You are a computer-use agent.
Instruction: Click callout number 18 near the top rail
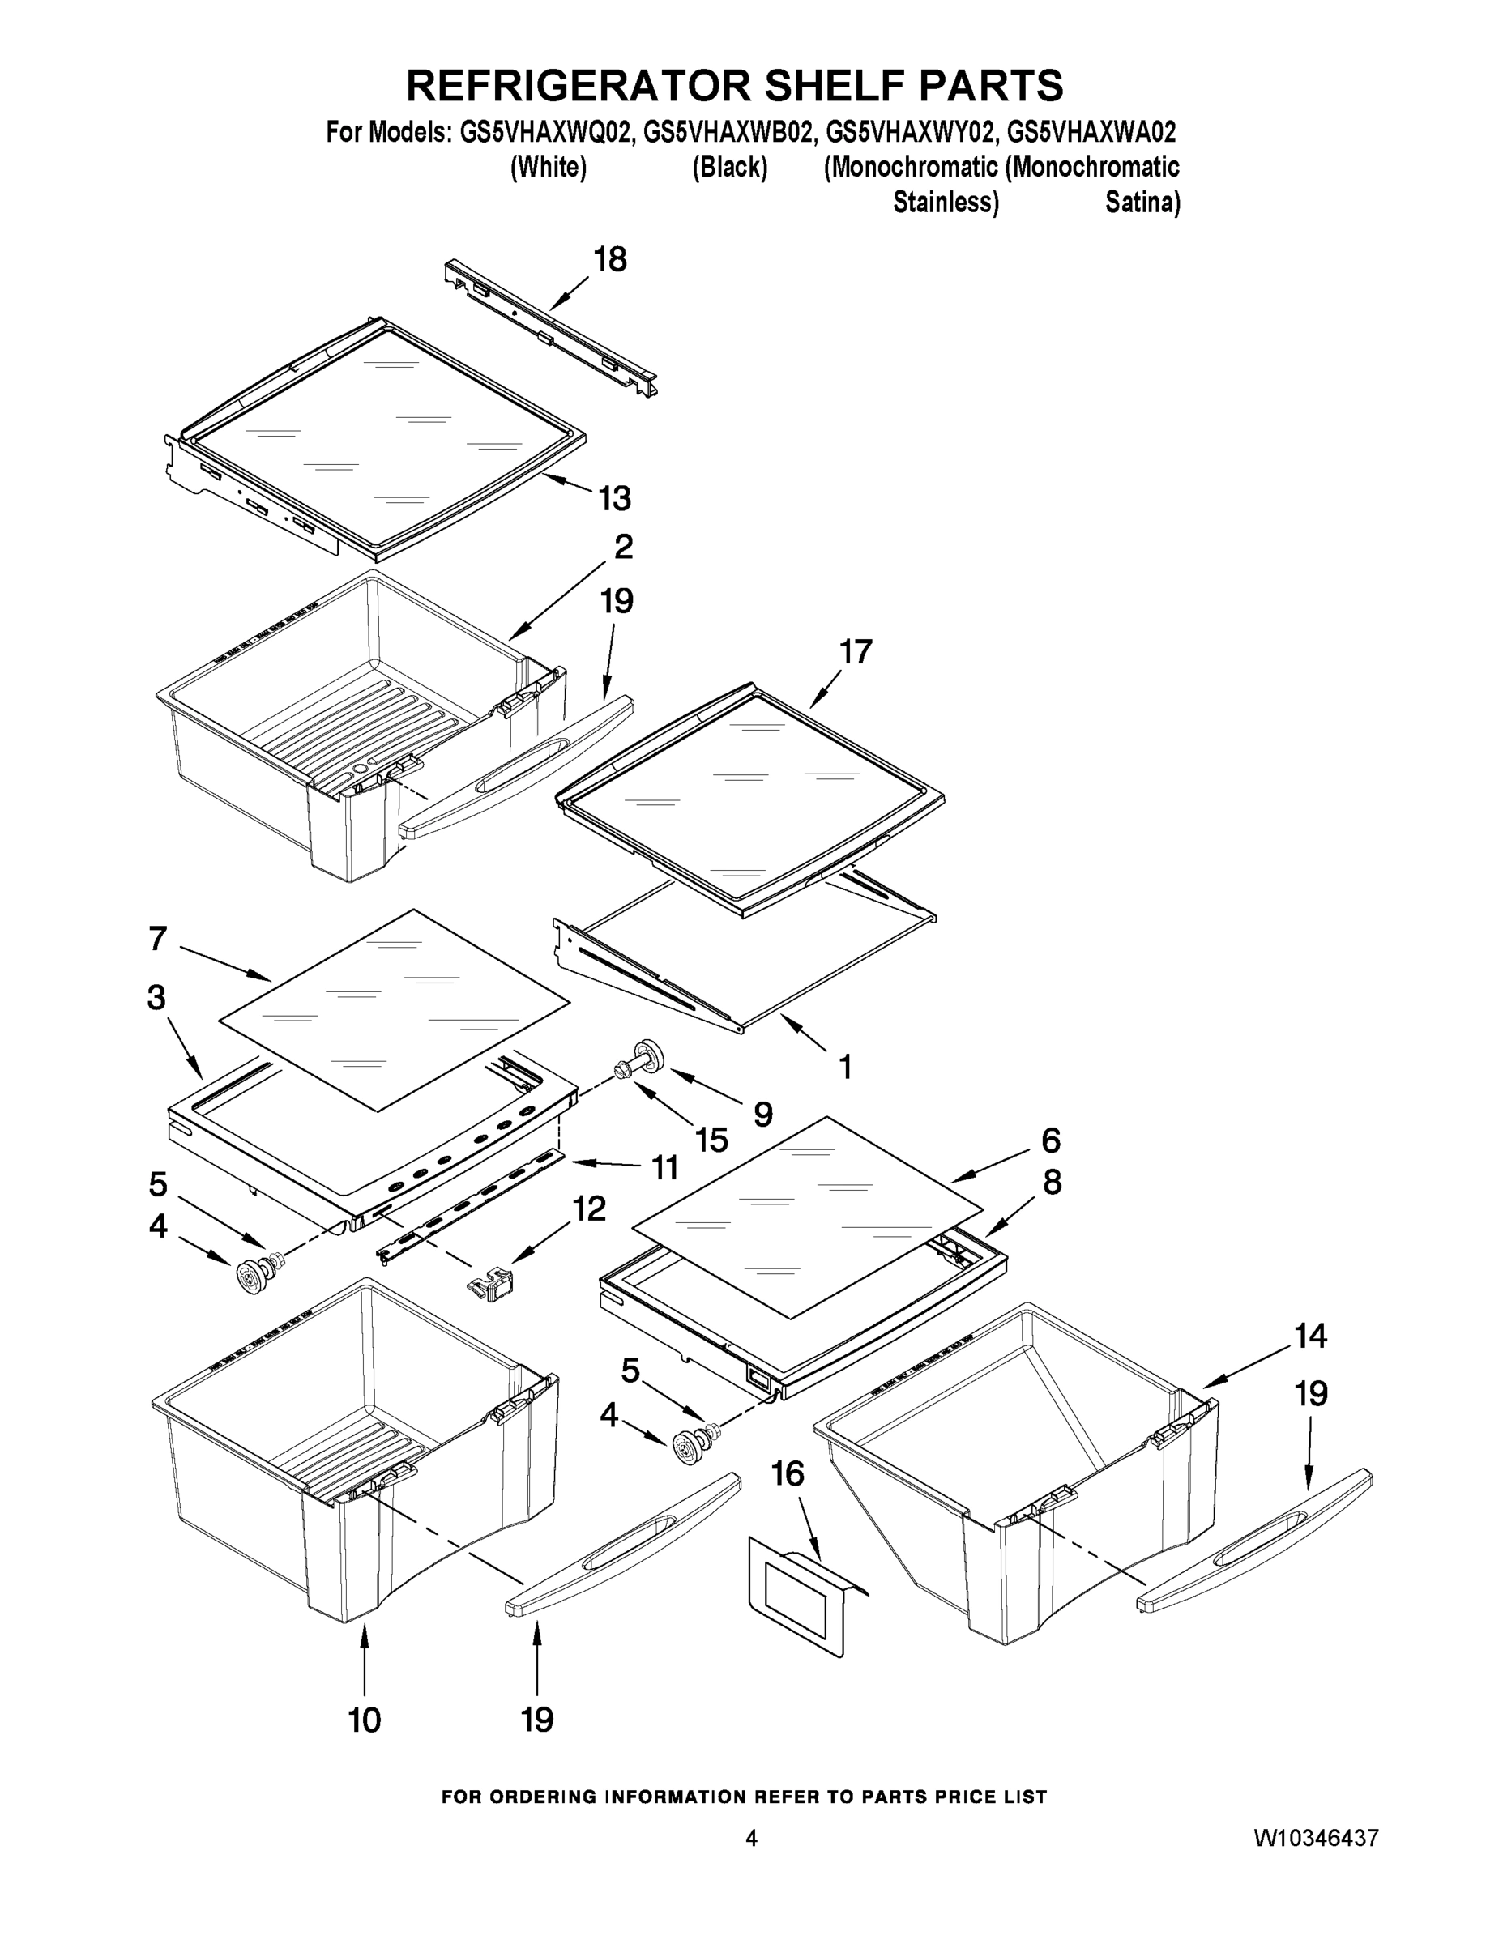pos(610,260)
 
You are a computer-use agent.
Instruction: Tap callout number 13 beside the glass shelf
pos(614,498)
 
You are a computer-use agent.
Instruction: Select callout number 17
pos(856,652)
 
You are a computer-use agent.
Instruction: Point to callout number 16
pos(787,1475)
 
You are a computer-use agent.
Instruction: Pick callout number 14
pos(1311,1336)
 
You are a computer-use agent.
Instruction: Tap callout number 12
pos(588,1209)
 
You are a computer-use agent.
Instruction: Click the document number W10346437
pos(1316,1838)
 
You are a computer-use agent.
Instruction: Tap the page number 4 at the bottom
pos(752,1838)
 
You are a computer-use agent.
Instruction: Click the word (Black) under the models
pos(729,168)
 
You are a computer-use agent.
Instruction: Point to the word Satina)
pos(1142,203)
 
